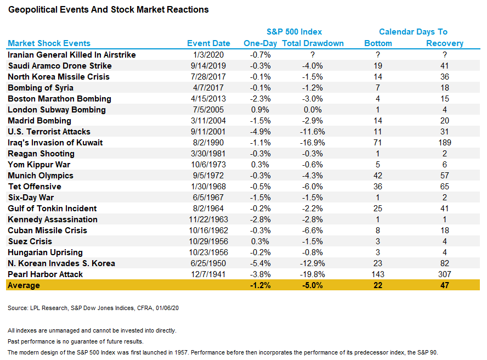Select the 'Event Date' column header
click(x=208, y=43)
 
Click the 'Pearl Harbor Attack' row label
click(x=46, y=274)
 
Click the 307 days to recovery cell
click(x=444, y=274)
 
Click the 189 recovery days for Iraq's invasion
click(x=444, y=143)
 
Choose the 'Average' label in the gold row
click(x=24, y=285)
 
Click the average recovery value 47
click(x=444, y=285)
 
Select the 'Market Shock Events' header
click(x=49, y=43)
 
